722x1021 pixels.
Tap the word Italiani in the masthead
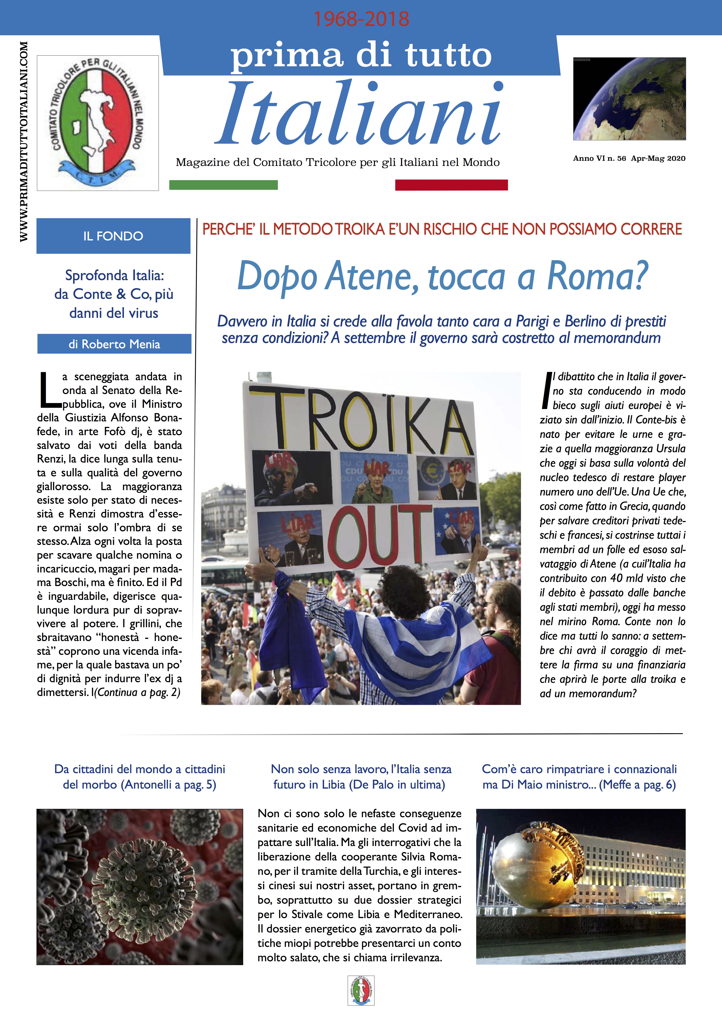coord(360,115)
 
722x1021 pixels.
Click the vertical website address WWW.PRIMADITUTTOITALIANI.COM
coord(24,141)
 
